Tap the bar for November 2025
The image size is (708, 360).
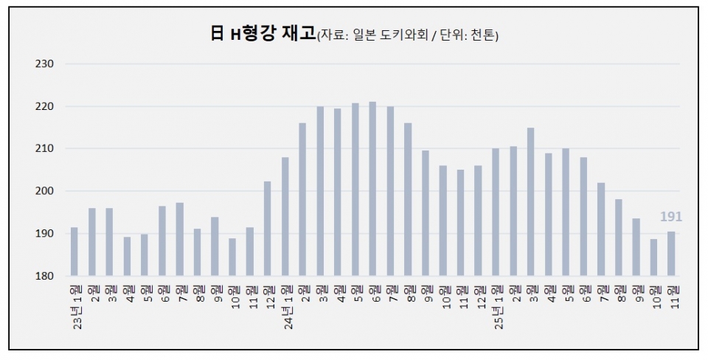pyautogui.click(x=671, y=254)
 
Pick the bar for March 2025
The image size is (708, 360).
pyautogui.click(x=530, y=202)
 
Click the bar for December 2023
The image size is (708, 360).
pyautogui.click(x=267, y=229)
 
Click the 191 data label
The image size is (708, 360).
pyautogui.click(x=671, y=217)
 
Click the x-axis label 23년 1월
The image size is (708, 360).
pyautogui.click(x=74, y=304)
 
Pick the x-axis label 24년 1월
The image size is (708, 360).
pyautogui.click(x=285, y=304)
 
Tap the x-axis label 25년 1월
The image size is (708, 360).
pyautogui.click(x=496, y=304)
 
